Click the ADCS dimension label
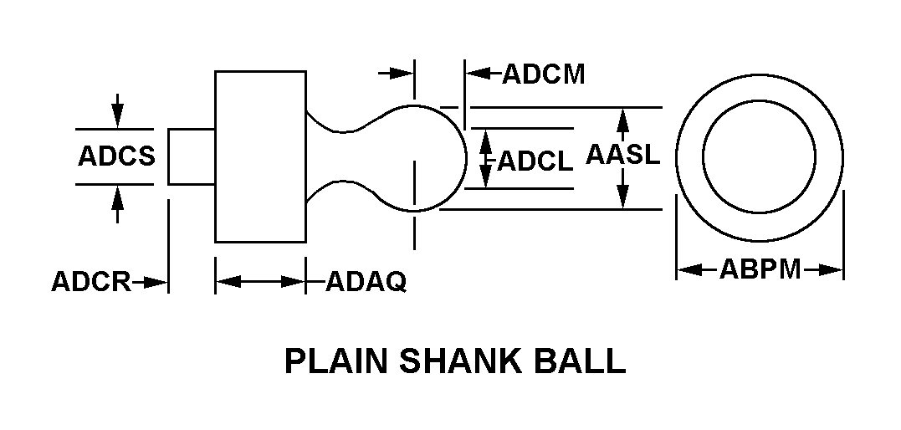coord(116,156)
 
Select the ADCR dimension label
coord(90,283)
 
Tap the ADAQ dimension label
coord(366,283)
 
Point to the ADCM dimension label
coord(543,74)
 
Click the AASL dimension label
coord(623,156)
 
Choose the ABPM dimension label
coord(760,269)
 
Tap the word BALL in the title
coord(585,361)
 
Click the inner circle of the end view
coord(760,156)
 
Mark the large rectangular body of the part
coord(260,156)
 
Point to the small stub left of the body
coord(192,156)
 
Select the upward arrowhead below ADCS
coord(117,195)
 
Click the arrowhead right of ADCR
coord(159,283)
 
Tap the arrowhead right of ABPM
coord(832,269)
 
